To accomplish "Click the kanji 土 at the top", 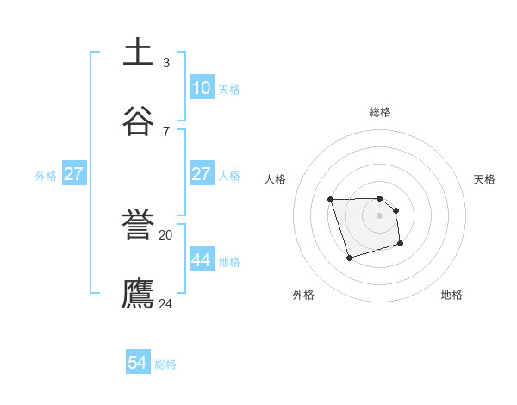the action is [x=139, y=53].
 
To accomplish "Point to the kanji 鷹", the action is [x=139, y=293].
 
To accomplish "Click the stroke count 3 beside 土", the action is [x=166, y=62].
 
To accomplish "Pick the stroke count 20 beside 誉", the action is [x=166, y=234].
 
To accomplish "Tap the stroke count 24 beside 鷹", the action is [x=166, y=303].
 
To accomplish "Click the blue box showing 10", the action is [x=201, y=88].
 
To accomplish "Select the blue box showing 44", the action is [x=201, y=260].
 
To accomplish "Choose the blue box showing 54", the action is [x=138, y=363].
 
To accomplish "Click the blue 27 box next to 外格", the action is [x=73, y=174].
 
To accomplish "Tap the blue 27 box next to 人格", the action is [x=201, y=174].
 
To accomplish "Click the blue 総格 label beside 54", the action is [x=165, y=364].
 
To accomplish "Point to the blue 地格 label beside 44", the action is [x=229, y=262].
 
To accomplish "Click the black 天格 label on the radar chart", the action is [x=484, y=179].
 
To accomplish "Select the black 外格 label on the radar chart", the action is [x=303, y=295].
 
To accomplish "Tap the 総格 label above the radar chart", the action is [x=380, y=112].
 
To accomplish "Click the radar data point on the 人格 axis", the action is [x=331, y=200].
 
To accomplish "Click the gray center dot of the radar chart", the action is [x=380, y=215].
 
